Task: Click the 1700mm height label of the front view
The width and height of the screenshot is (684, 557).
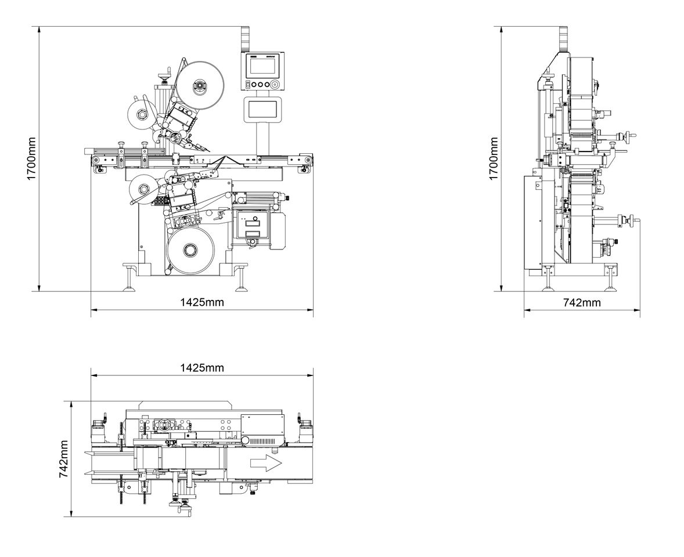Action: pos(32,158)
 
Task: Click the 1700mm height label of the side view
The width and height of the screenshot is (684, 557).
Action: pos(494,158)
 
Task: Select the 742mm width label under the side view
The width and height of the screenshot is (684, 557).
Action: pos(582,302)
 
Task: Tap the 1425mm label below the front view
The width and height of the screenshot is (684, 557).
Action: pos(201,302)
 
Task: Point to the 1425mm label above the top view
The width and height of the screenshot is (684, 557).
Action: pos(201,368)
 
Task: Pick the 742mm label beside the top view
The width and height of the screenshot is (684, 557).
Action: pos(64,458)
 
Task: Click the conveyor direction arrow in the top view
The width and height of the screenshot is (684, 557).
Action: pos(265,463)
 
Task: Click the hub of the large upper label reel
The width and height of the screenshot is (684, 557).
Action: pos(199,87)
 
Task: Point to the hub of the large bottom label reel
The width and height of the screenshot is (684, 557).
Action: pos(189,250)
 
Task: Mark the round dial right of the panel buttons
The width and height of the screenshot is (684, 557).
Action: pos(275,84)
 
